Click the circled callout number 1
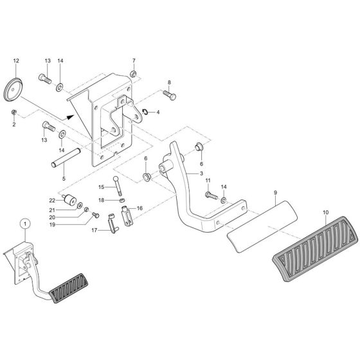click(x=24, y=223)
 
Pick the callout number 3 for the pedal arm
click(x=201, y=174)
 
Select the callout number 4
click(x=158, y=113)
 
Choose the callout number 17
click(x=94, y=230)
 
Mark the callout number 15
click(x=101, y=186)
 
